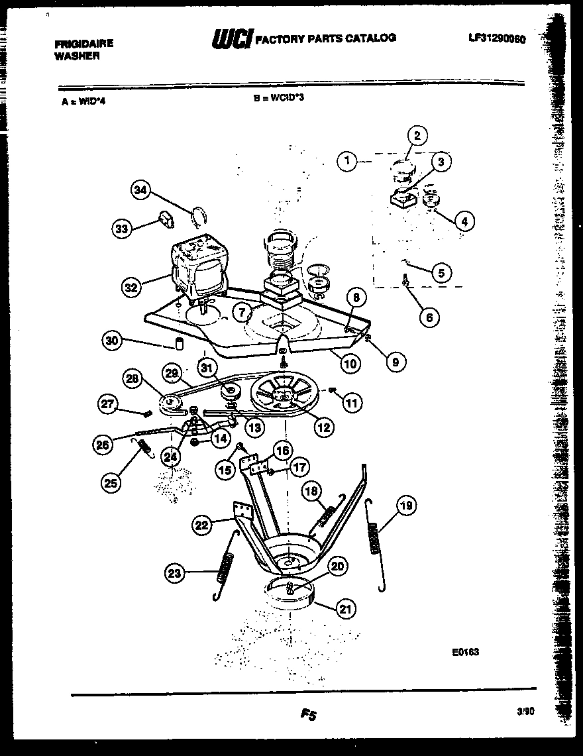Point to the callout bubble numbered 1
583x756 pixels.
pos(346,160)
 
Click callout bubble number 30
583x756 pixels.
pos(113,341)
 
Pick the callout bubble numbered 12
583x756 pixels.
pos(323,427)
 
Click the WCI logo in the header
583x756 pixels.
pos(231,39)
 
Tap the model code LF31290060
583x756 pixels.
pos(496,39)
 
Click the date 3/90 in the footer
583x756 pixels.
pos(524,710)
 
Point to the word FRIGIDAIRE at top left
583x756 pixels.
pos(83,44)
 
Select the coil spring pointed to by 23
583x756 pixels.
pos(224,569)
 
